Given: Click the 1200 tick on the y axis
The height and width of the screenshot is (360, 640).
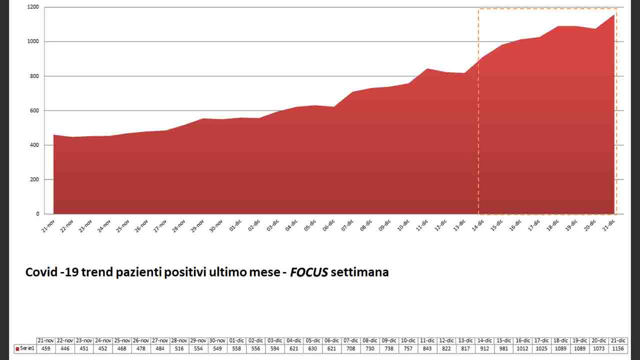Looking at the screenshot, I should (33, 7).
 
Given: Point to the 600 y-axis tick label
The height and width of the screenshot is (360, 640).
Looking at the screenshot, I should (34, 110).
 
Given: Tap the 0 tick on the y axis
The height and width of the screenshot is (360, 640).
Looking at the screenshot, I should (37, 214).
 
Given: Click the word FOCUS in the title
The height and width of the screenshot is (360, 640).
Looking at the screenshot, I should (309, 272).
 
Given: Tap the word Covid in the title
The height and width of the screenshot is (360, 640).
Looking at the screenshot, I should (41, 272).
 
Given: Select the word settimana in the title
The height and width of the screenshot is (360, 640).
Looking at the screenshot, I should (359, 272).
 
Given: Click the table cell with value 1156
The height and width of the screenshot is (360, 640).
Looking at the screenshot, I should (618, 348).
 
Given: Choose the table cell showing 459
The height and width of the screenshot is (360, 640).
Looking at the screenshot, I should (45, 348).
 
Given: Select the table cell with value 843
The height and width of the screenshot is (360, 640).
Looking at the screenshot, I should (427, 348).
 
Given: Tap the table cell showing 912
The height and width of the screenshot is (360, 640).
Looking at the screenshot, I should (484, 348).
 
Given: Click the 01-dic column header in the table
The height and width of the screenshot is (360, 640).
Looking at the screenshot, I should (236, 340).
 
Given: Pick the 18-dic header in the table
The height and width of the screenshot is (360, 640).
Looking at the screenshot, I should (561, 340).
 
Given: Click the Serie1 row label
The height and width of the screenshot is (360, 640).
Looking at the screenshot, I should (24, 348).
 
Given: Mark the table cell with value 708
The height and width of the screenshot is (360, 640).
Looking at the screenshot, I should (351, 348).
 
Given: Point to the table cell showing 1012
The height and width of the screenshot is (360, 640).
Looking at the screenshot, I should (523, 348).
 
